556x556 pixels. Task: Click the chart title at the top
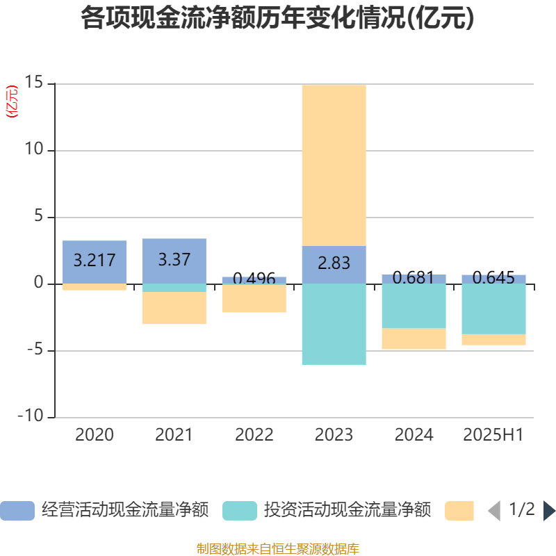click(x=277, y=18)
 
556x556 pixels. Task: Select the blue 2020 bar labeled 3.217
click(x=95, y=261)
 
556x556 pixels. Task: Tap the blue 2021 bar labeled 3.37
click(x=174, y=260)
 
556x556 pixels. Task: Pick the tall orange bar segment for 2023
click(x=334, y=165)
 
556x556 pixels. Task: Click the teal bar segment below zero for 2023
click(x=334, y=324)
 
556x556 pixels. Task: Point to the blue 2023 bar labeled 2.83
click(x=334, y=264)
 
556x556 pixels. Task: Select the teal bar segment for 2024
click(x=414, y=306)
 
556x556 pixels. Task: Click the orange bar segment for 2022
click(x=254, y=299)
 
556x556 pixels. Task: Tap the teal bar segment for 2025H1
click(x=493, y=309)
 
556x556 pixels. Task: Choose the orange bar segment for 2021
click(x=174, y=308)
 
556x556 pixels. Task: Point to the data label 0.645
click(x=493, y=278)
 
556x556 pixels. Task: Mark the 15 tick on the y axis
click(x=35, y=83)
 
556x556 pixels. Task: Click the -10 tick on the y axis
click(x=32, y=417)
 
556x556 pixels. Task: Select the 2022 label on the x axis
click(x=254, y=435)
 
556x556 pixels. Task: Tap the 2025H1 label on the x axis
click(x=493, y=435)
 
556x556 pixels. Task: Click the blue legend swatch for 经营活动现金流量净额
click(x=17, y=511)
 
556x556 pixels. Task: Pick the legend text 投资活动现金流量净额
click(x=347, y=511)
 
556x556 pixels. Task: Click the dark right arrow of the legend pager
click(x=549, y=511)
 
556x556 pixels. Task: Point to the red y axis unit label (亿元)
click(x=12, y=101)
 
